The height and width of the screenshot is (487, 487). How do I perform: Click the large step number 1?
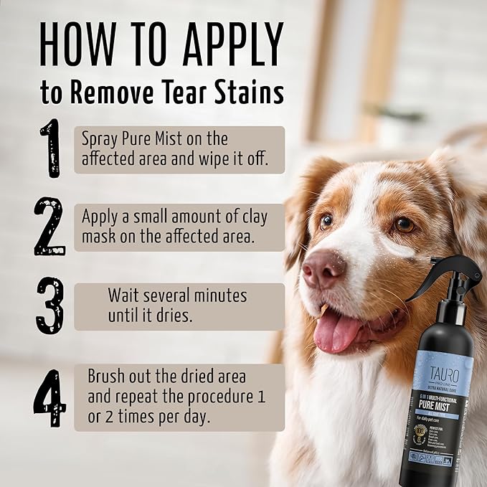[x=49, y=148]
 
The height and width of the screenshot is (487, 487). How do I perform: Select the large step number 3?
[x=49, y=305]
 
